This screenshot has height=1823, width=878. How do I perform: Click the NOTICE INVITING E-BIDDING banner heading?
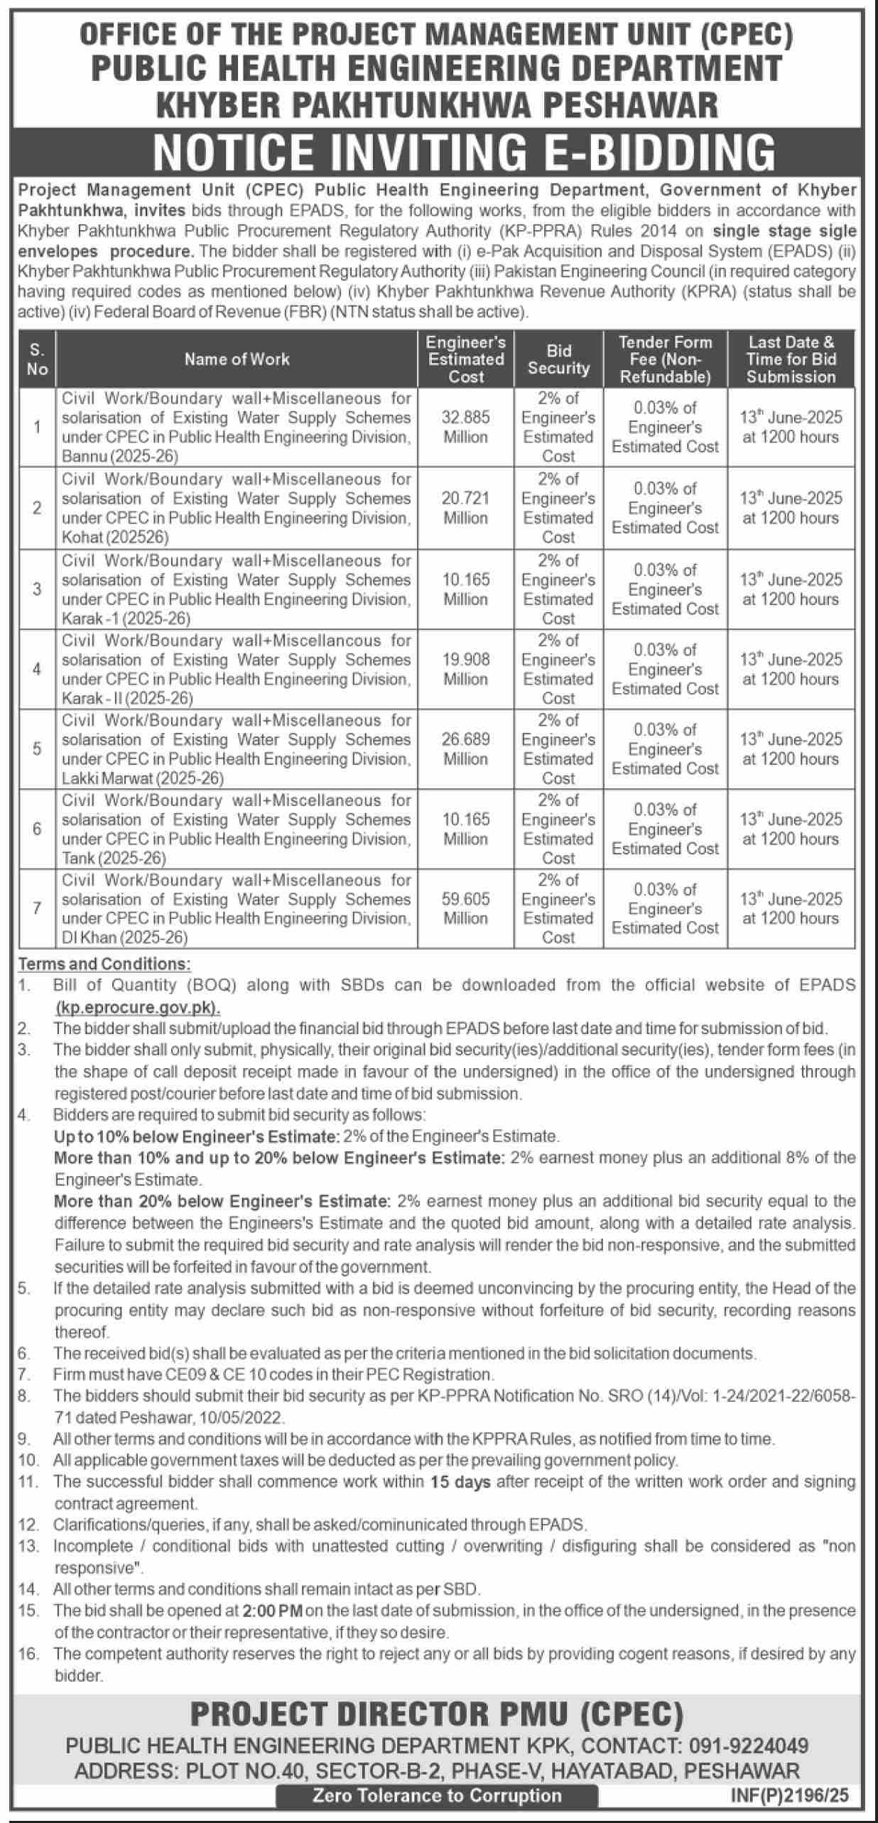point(465,151)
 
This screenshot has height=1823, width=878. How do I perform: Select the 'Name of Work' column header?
point(237,359)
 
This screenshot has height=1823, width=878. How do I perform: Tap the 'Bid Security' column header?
point(558,359)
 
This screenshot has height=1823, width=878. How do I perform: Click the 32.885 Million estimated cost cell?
point(465,427)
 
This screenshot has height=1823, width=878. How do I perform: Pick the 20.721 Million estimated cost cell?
point(465,508)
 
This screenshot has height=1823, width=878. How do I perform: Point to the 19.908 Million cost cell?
point(465,669)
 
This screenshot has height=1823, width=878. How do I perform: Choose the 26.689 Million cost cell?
point(465,749)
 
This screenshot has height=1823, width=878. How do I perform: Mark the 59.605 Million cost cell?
point(465,908)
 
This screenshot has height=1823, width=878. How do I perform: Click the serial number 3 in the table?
point(37,589)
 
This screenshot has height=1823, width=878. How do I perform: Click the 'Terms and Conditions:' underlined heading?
point(104,964)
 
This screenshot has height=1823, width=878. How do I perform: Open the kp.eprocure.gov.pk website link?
point(138,1007)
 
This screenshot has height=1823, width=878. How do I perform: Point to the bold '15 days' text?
point(460,1481)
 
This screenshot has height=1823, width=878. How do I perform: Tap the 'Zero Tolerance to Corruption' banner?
point(436,1795)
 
